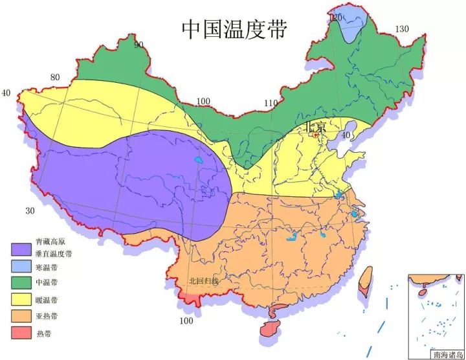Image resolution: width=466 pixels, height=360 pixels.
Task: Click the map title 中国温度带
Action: click(x=234, y=28)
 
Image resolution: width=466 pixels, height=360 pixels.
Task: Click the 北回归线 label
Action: click(x=204, y=281)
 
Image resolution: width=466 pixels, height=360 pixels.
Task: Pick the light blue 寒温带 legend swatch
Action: click(x=21, y=266)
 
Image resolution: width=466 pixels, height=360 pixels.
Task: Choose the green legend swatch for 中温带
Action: click(x=21, y=283)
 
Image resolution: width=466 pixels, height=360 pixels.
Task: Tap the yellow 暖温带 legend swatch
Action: click(x=21, y=300)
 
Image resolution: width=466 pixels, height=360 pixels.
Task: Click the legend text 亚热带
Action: click(x=47, y=317)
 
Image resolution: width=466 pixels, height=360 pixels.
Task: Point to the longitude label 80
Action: click(x=55, y=78)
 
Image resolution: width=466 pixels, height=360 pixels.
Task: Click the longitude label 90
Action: click(x=139, y=45)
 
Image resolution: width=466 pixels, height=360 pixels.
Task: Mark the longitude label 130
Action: click(x=402, y=28)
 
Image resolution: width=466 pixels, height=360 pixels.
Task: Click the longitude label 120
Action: click(x=335, y=17)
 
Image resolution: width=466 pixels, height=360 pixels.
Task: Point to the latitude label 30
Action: click(x=30, y=211)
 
